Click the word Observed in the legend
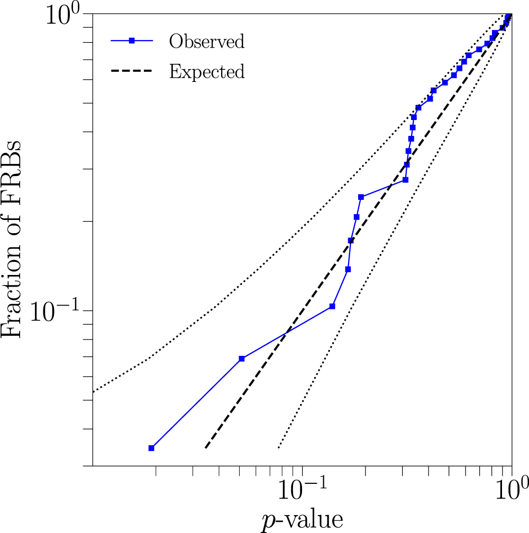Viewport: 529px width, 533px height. click(206, 41)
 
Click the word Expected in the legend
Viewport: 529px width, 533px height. click(206, 71)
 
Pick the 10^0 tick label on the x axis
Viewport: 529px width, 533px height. click(511, 486)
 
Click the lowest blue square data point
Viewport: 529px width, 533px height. click(151, 448)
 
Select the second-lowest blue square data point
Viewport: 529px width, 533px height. click(242, 359)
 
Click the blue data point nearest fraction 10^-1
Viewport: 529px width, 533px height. click(332, 306)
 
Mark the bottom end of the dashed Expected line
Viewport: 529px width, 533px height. click(206, 448)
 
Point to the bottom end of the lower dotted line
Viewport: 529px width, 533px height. click(278, 448)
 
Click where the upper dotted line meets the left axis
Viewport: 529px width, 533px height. click(93, 392)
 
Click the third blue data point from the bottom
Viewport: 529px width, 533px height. click(332, 306)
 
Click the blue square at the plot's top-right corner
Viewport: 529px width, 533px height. click(509, 16)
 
